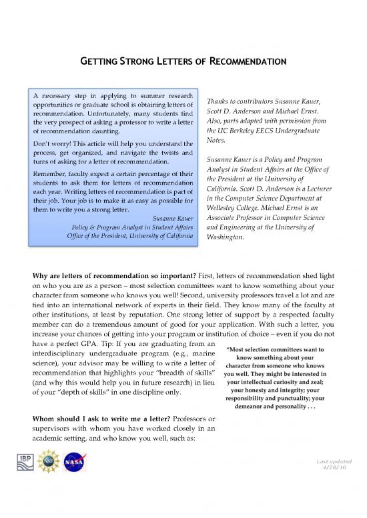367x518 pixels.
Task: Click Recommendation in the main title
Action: click(248, 62)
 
